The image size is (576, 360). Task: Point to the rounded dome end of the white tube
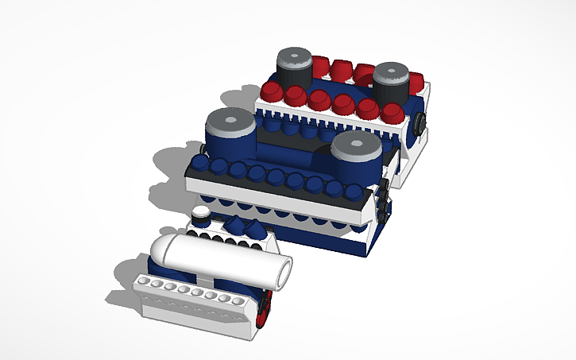point(160,253)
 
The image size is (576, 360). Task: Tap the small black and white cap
point(201,215)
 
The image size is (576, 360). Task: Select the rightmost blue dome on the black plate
point(351,192)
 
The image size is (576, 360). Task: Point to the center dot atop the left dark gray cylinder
point(294,56)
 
